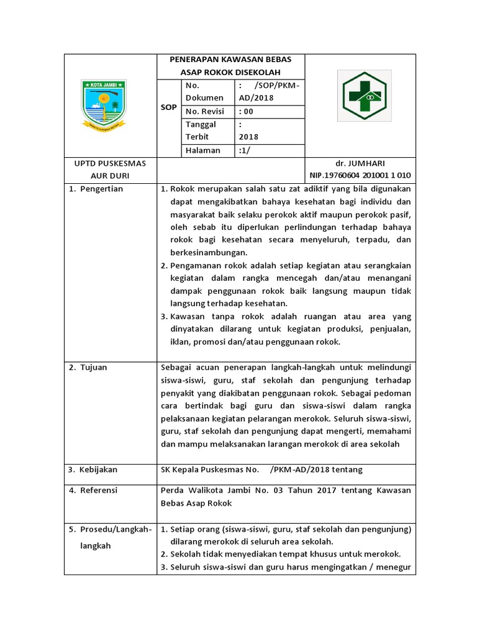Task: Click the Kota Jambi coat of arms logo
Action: [104, 104]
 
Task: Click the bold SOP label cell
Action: [168, 107]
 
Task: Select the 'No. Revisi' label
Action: [204, 112]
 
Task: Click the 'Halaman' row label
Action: [203, 150]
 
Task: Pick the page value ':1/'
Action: [245, 150]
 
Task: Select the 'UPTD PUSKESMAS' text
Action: [110, 163]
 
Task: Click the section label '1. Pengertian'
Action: [96, 189]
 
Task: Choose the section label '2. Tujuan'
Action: [88, 367]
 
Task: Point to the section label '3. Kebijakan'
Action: [93, 470]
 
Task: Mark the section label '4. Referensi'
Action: [94, 490]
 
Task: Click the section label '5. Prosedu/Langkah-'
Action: [110, 529]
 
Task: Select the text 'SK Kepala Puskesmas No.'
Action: [209, 470]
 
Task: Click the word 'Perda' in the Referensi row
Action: [172, 490]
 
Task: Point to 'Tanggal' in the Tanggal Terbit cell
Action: [200, 124]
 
